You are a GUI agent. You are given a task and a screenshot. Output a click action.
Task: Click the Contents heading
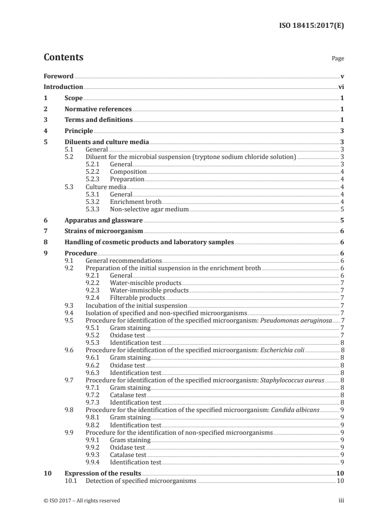[63, 57]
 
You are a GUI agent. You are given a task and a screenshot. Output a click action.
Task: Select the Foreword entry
[58, 76]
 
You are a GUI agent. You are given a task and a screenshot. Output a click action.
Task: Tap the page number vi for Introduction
[341, 87]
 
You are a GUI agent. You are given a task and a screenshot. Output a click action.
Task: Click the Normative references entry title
[98, 109]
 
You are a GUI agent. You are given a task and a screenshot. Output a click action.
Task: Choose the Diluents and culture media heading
[107, 142]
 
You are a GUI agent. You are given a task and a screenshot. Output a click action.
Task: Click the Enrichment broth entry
[136, 202]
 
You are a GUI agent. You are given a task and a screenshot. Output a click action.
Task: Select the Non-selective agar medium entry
[149, 209]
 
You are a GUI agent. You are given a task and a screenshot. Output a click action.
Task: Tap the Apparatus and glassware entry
[104, 220]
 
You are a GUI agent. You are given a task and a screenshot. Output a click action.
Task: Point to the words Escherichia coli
[283, 350]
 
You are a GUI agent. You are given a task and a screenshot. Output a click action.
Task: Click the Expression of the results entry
[103, 473]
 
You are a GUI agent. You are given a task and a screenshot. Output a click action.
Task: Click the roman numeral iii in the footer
[341, 501]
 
